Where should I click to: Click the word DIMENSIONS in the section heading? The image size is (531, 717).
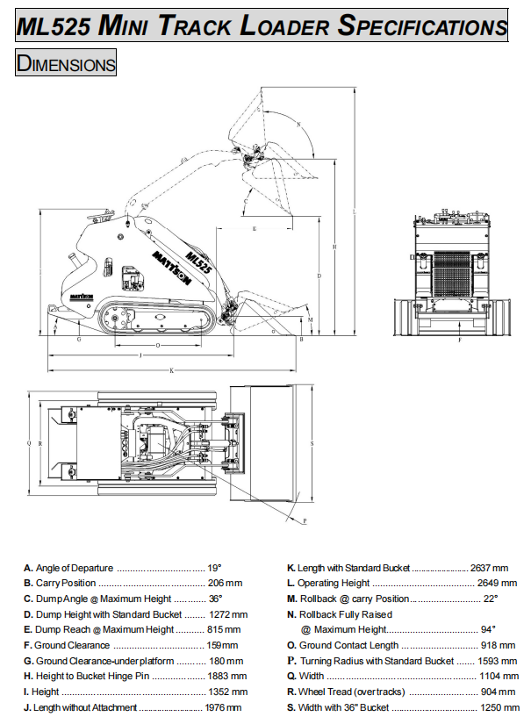tap(67, 63)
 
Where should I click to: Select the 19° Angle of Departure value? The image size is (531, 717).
tap(215, 568)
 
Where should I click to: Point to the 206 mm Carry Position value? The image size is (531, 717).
tap(225, 583)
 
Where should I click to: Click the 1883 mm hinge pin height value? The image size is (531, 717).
tap(226, 676)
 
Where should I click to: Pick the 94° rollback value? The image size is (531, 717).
tap(489, 629)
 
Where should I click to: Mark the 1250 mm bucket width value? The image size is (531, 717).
tap(494, 707)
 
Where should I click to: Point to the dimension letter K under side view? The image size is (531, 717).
tap(172, 370)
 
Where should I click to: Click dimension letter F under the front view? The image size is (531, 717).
tap(459, 341)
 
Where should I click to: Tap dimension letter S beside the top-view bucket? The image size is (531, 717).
tap(312, 443)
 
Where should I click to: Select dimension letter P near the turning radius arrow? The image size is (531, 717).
tap(304, 520)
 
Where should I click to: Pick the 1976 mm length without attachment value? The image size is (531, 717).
tap(223, 707)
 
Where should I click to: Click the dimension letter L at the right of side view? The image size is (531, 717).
tap(352, 212)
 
